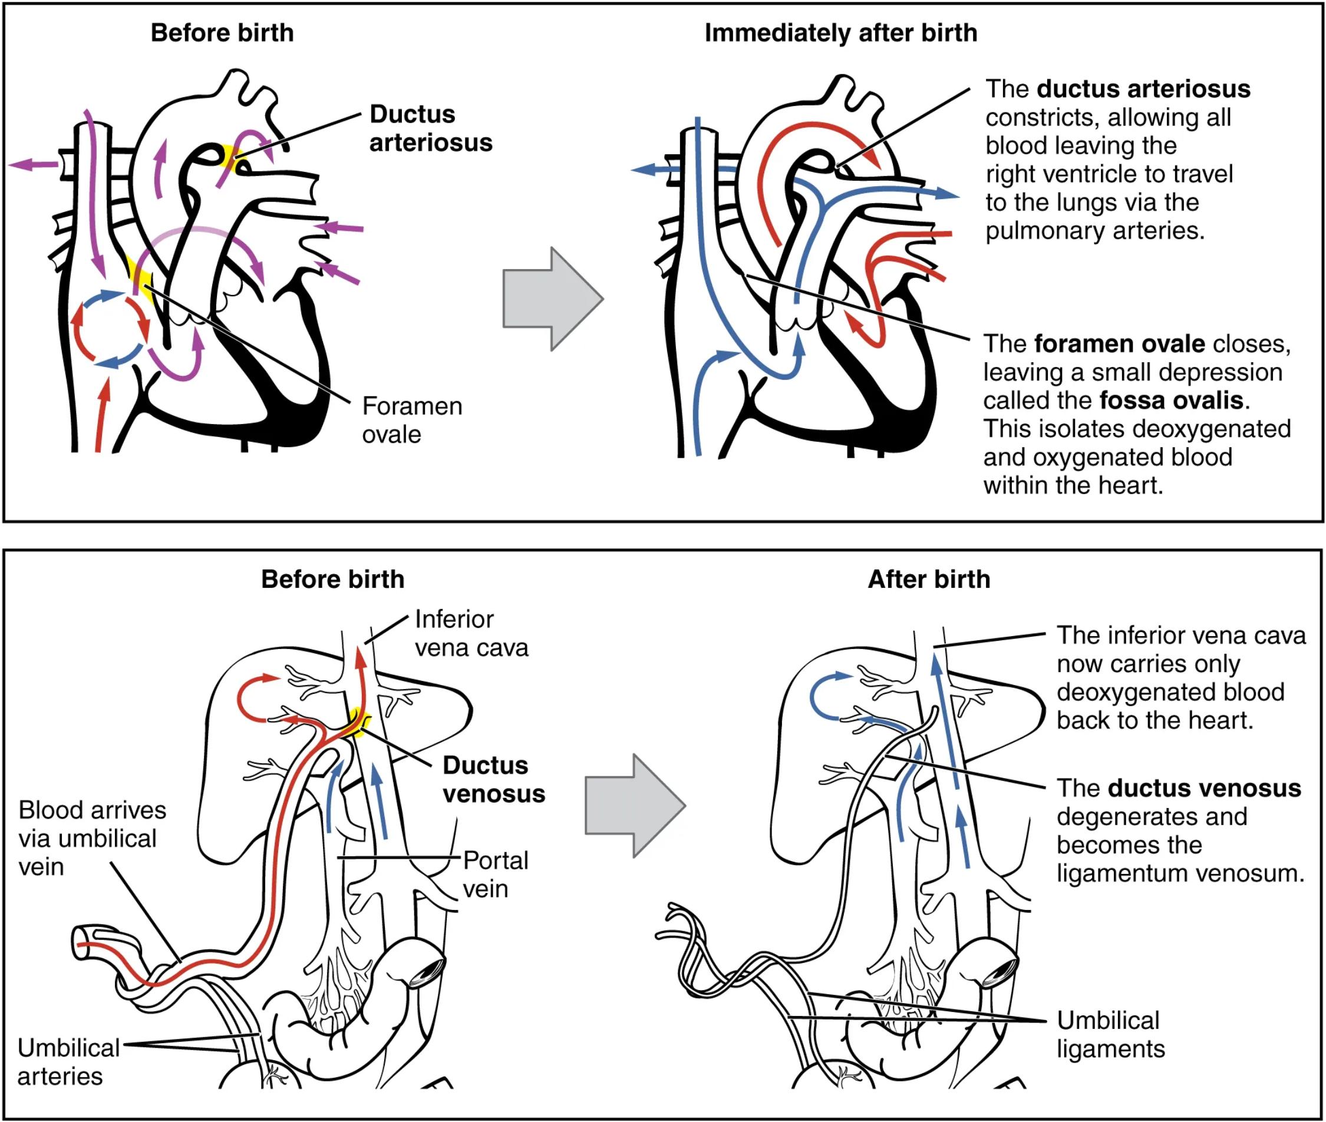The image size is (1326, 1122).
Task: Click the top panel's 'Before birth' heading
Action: coord(222,33)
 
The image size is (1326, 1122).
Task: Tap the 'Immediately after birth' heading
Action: coord(840,33)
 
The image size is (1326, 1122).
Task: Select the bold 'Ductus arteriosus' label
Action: coord(431,128)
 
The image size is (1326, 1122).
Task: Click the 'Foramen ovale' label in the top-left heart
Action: coord(412,420)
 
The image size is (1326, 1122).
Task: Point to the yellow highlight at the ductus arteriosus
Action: coord(232,158)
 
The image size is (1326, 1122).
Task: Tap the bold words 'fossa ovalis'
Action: coord(1171,400)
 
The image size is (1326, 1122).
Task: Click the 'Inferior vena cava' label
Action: coord(471,633)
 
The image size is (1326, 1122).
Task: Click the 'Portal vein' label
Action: coord(495,874)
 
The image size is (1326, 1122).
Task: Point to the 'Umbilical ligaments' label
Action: coord(1110,1034)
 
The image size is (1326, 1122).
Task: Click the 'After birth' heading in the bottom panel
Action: coord(929,580)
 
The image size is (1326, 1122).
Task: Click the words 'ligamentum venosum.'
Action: coord(1180,873)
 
